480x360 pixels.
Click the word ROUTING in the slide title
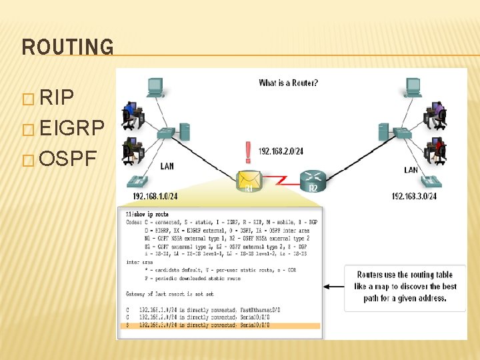[68, 47]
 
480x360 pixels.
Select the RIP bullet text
[57, 99]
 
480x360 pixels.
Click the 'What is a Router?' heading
[288, 83]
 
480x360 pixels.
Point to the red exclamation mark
[249, 151]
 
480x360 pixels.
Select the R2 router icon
[312, 177]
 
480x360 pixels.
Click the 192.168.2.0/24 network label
[281, 151]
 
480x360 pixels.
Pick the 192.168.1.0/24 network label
[155, 196]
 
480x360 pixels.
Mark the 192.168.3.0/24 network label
[414, 196]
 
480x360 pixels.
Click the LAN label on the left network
[167, 166]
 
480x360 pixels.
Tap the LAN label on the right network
[411, 170]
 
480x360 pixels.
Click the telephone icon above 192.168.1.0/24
[138, 181]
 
